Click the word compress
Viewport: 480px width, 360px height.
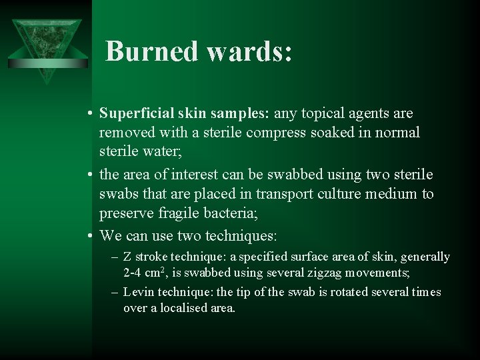(x=277, y=133)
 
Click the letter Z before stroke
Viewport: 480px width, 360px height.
(x=127, y=257)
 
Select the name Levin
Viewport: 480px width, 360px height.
(x=138, y=293)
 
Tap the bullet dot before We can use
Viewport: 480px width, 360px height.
(x=89, y=236)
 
